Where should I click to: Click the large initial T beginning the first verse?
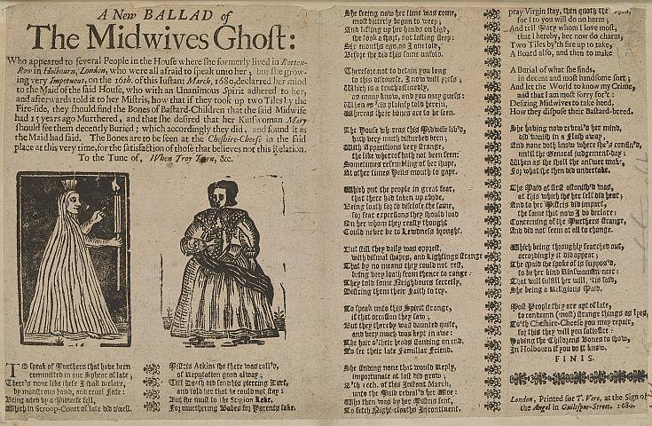11,368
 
